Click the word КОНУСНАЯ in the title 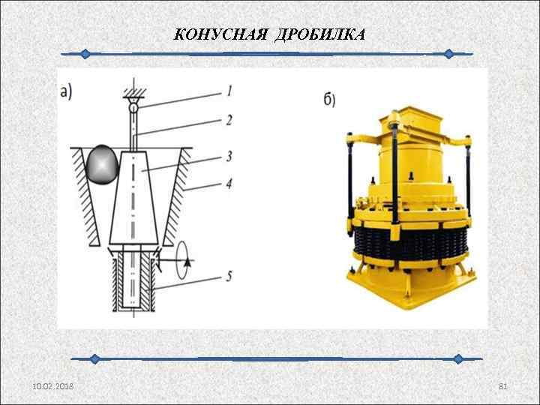tap(221, 35)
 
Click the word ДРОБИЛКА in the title tap(320, 35)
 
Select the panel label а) tap(66, 91)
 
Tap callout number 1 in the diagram tap(229, 91)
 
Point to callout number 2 tap(229, 119)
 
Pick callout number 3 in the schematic tap(229, 156)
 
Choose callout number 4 tap(229, 181)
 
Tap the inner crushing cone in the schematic tap(135, 199)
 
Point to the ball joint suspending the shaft tap(133, 108)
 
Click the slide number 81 tap(503, 385)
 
